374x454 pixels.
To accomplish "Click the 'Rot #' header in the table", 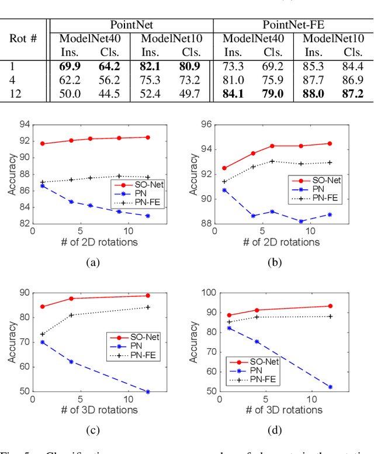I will point(23,39).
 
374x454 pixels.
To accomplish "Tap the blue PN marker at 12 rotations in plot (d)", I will point(330,387).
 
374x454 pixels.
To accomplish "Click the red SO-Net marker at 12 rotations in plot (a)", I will point(147,137).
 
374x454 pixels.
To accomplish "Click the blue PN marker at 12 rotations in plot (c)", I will point(147,391).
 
